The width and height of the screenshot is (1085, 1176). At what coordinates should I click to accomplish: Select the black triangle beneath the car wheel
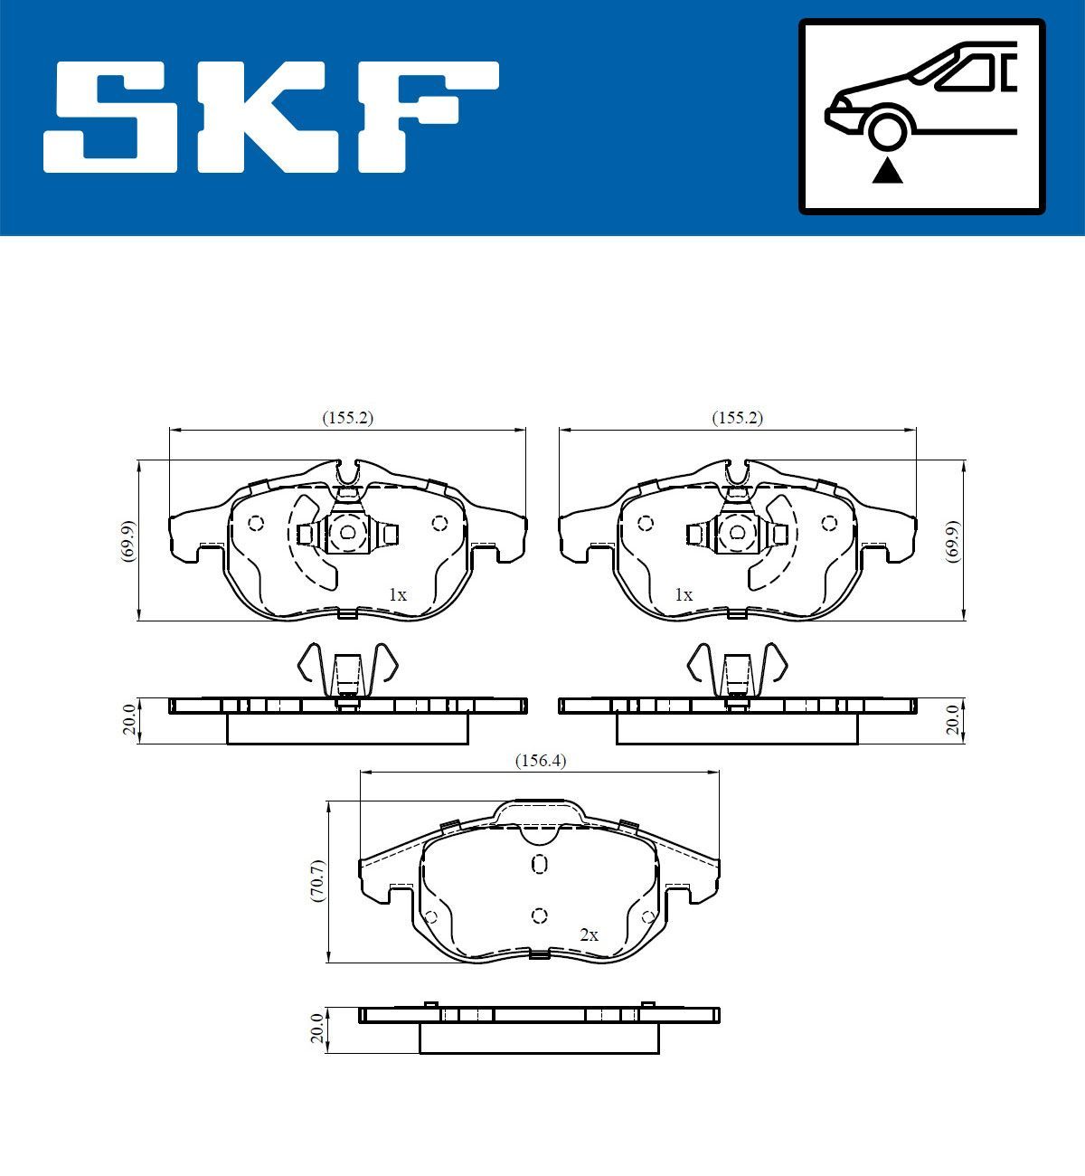point(887,169)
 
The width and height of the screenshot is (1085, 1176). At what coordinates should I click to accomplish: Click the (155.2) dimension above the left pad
point(348,418)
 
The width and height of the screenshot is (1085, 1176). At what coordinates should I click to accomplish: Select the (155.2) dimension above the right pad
point(738,418)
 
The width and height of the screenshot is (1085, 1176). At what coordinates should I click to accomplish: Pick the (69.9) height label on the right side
point(952,541)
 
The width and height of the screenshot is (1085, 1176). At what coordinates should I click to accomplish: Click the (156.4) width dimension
point(540,761)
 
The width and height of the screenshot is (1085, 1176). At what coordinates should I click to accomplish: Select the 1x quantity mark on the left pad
point(398,595)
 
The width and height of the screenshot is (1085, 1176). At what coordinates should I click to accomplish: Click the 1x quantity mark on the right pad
point(684,595)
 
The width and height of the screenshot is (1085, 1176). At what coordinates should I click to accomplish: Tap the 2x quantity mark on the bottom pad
point(589,935)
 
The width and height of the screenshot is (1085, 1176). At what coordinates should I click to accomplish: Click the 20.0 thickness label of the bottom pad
point(316,1029)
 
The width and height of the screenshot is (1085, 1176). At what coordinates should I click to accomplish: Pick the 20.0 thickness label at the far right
point(952,720)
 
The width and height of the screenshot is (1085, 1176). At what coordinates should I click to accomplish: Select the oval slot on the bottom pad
point(540,865)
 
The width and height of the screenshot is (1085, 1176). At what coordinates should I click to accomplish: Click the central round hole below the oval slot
point(540,915)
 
